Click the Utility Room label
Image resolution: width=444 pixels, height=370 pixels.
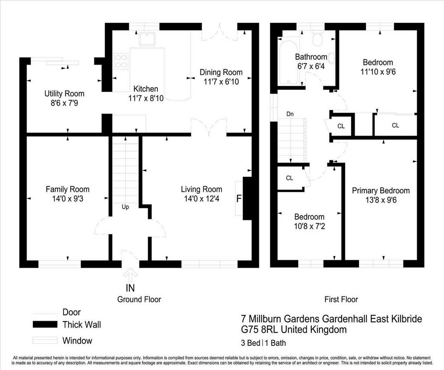64,94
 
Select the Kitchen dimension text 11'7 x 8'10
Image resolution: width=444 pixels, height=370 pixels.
143,98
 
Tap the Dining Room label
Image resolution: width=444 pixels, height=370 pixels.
221,72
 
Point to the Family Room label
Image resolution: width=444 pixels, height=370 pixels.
68,189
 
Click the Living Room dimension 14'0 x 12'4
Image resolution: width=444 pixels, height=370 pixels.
201,199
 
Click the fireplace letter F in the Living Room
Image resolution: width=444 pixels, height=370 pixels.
239,199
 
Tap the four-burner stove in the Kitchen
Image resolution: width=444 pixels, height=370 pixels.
121,61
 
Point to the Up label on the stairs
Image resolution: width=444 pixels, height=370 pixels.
125,207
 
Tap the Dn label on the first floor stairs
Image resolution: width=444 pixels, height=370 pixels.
290,114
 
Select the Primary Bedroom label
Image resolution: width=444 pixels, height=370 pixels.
381,191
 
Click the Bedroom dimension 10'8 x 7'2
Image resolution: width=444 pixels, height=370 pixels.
310,226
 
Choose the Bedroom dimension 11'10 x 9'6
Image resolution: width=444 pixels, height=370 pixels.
378,72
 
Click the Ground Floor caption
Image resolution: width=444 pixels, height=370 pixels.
139,299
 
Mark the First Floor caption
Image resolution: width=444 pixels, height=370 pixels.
341,299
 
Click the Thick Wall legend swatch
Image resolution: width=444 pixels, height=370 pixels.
45,325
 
